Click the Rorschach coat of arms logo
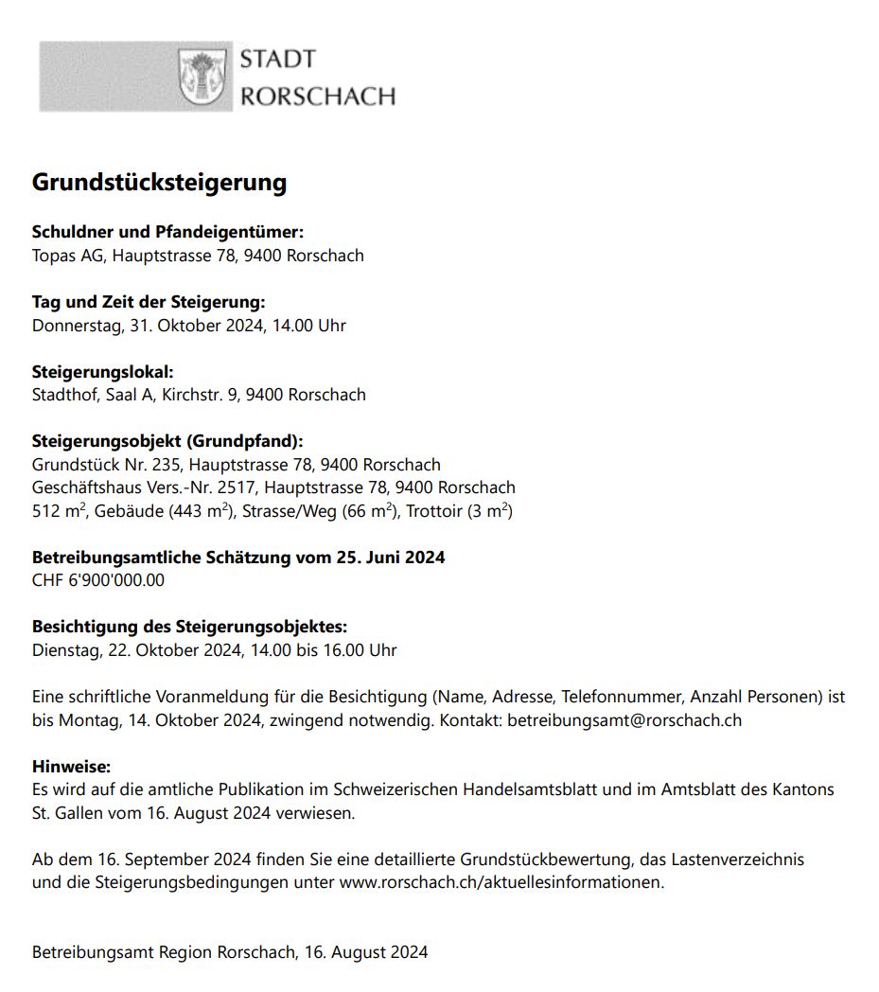[x=203, y=78]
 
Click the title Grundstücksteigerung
[x=159, y=182]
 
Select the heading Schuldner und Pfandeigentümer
[x=167, y=232]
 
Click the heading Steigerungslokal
[x=102, y=371]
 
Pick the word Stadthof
[x=65, y=395]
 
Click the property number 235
[x=170, y=465]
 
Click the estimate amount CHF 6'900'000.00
[x=97, y=580]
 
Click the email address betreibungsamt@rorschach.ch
[x=624, y=720]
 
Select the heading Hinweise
[x=71, y=766]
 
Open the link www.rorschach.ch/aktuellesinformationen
[x=501, y=883]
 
